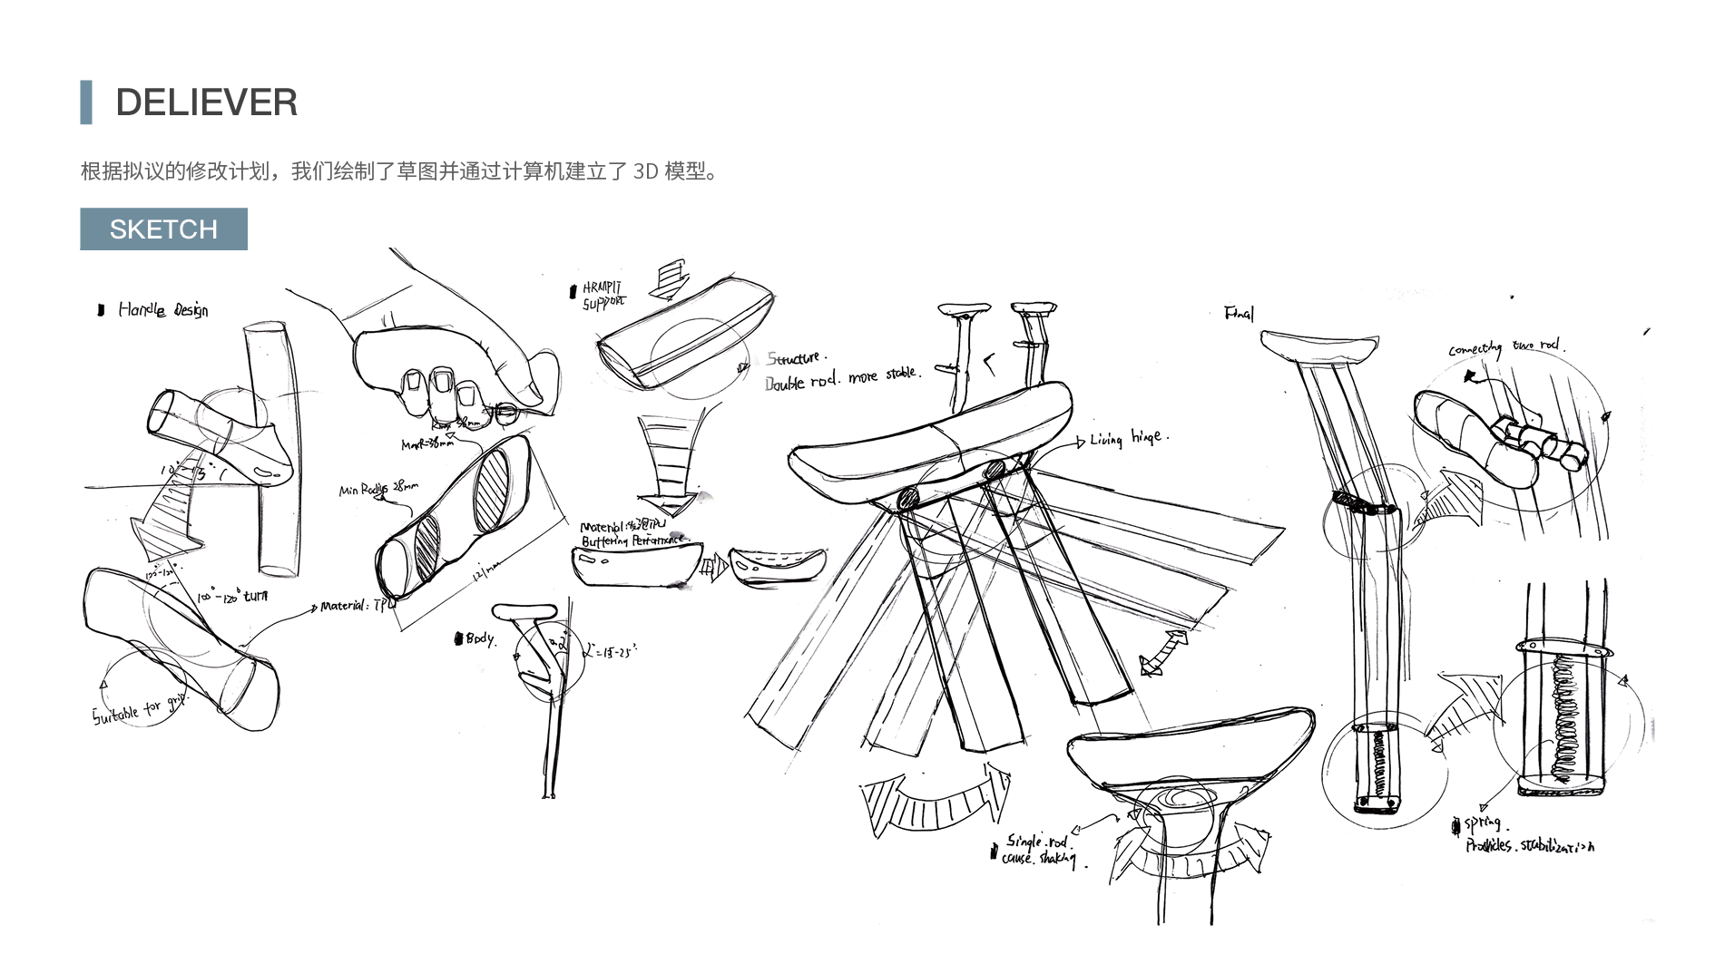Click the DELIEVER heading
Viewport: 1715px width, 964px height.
[x=206, y=102]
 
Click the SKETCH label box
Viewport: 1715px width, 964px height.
[x=163, y=229]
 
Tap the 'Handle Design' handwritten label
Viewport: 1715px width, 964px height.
[x=162, y=310]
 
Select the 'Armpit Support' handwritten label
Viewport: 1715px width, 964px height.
[x=603, y=296]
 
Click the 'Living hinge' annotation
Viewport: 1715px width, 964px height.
[x=1129, y=439]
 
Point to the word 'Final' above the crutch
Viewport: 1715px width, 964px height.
[x=1239, y=314]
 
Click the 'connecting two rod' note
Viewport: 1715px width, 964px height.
[x=1505, y=347]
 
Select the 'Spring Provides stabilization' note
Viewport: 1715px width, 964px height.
[x=1524, y=835]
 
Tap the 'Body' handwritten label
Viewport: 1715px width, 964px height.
[x=479, y=638]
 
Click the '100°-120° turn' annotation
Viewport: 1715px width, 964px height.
[x=233, y=598]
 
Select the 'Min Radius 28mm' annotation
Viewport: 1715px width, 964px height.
[x=378, y=490]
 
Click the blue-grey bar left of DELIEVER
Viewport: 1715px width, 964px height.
[x=86, y=102]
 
